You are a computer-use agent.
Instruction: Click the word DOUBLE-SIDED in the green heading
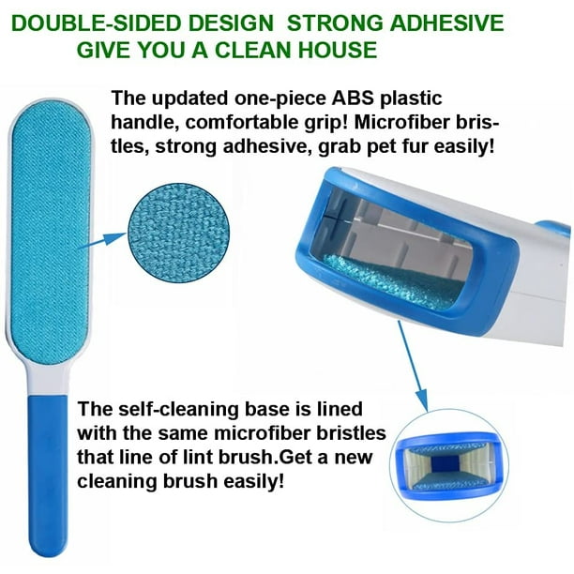(98, 23)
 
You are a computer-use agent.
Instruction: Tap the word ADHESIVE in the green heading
(446, 23)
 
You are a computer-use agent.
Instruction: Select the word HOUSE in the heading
(338, 50)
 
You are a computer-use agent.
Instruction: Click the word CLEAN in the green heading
(253, 50)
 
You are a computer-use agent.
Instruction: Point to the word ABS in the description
(353, 98)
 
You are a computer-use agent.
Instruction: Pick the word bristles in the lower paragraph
(351, 433)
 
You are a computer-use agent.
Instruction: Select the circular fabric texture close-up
(178, 234)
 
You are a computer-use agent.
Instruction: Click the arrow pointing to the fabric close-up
(103, 241)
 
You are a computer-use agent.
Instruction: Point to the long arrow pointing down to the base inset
(413, 366)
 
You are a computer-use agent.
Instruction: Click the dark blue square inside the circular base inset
(446, 463)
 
